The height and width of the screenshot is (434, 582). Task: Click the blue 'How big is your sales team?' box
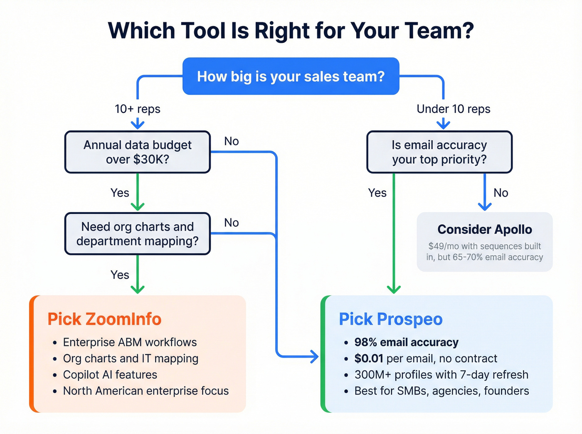tap(291, 76)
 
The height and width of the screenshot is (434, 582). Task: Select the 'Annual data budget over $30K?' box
tap(137, 152)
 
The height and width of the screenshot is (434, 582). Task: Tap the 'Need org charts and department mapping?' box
tap(137, 234)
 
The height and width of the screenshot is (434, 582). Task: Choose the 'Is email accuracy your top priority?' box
tap(439, 152)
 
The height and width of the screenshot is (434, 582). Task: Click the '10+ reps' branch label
tap(137, 109)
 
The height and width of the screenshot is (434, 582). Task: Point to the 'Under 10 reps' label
tap(453, 109)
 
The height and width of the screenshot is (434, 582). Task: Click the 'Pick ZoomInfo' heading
tap(104, 319)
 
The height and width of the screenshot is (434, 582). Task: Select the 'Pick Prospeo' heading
tap(390, 319)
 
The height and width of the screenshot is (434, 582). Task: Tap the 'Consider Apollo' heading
tap(484, 229)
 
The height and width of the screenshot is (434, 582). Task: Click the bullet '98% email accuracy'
tap(406, 342)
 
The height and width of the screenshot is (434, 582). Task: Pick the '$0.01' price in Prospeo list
tap(368, 358)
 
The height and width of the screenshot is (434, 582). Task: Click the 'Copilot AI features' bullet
tap(110, 375)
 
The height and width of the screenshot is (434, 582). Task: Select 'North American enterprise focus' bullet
tap(145, 391)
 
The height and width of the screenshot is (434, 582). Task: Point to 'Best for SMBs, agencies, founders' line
tap(441, 391)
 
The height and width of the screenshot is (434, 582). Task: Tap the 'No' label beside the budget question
tap(231, 141)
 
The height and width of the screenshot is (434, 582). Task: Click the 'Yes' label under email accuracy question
tap(377, 193)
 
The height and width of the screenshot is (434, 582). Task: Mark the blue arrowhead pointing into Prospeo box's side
tap(314, 356)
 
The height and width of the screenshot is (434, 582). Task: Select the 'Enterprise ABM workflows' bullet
tap(130, 342)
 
